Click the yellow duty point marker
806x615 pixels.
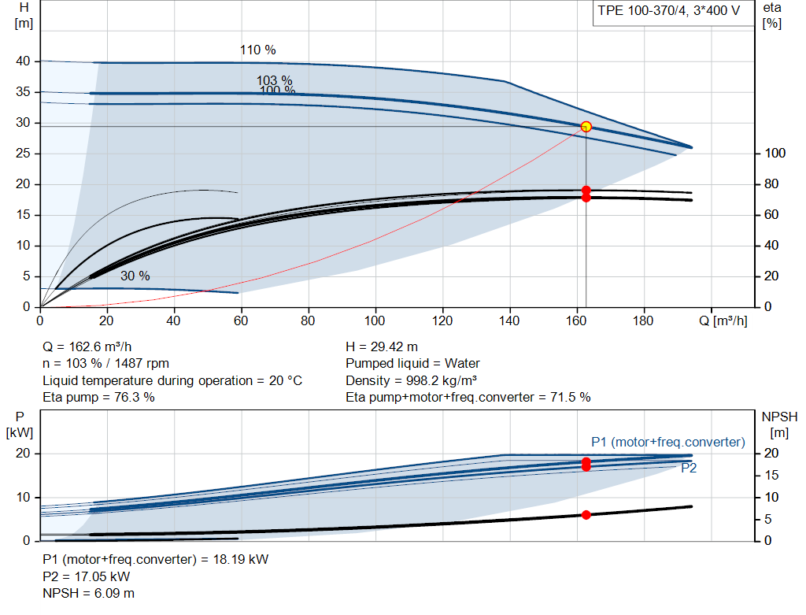586,127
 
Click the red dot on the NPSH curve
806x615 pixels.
586,515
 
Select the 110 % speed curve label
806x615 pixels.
257,50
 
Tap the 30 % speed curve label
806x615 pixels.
135,276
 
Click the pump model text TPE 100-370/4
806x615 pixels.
642,10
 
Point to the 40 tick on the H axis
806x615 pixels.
23,61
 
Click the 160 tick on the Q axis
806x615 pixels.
576,320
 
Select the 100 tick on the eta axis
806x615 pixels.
775,154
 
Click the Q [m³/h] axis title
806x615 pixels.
723,320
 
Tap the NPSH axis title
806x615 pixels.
779,424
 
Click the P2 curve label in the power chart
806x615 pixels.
689,468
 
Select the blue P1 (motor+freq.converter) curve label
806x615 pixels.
667,443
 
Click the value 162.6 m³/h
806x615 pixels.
100,346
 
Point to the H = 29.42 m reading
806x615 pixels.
382,346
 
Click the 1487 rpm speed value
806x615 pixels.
142,364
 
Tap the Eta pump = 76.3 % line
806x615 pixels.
98,397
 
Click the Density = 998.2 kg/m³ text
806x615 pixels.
411,380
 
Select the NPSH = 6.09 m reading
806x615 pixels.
88,593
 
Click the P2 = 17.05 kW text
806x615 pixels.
87,576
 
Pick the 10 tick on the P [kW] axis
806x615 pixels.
23,497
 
